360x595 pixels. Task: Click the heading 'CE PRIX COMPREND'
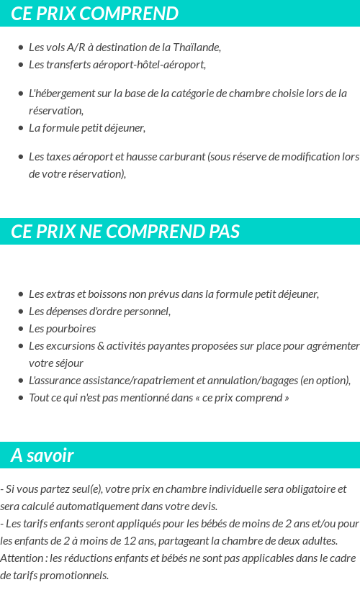click(95, 14)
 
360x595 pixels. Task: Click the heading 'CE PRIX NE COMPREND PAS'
click(125, 232)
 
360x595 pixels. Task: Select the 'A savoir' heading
click(42, 455)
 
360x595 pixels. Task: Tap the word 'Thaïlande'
click(196, 47)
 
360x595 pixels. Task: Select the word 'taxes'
click(58, 157)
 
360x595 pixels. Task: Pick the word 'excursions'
click(73, 346)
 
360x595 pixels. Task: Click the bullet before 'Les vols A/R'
click(20, 47)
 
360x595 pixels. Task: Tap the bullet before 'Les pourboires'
click(20, 329)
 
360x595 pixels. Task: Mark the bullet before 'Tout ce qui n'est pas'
click(20, 398)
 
